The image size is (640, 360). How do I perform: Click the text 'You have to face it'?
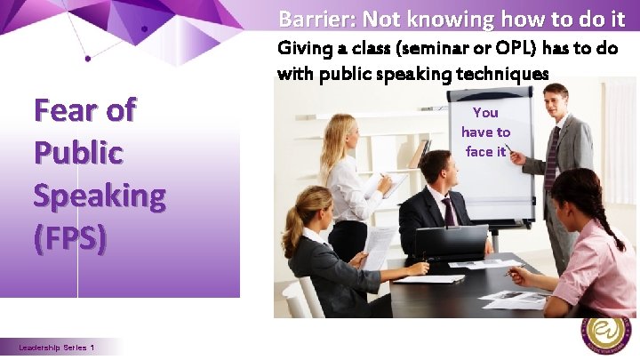485,132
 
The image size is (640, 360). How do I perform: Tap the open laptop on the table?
451,242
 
